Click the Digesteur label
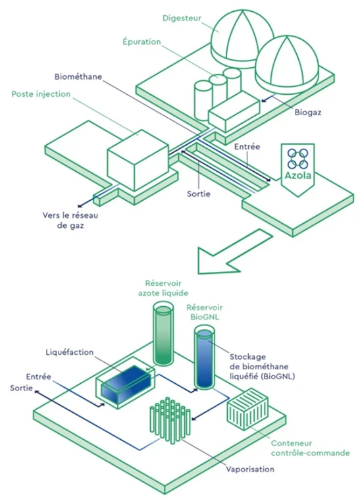click(182, 18)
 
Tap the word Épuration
click(141, 41)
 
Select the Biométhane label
click(78, 76)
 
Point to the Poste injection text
click(41, 94)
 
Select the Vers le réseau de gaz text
click(70, 220)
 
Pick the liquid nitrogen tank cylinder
click(163, 334)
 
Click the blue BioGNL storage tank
click(205, 357)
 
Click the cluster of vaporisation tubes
click(170, 420)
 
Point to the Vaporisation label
click(250, 469)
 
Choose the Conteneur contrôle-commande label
click(311, 448)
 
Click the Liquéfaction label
click(70, 352)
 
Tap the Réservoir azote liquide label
click(163, 288)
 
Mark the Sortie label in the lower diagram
click(21, 388)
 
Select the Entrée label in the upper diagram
click(247, 147)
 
